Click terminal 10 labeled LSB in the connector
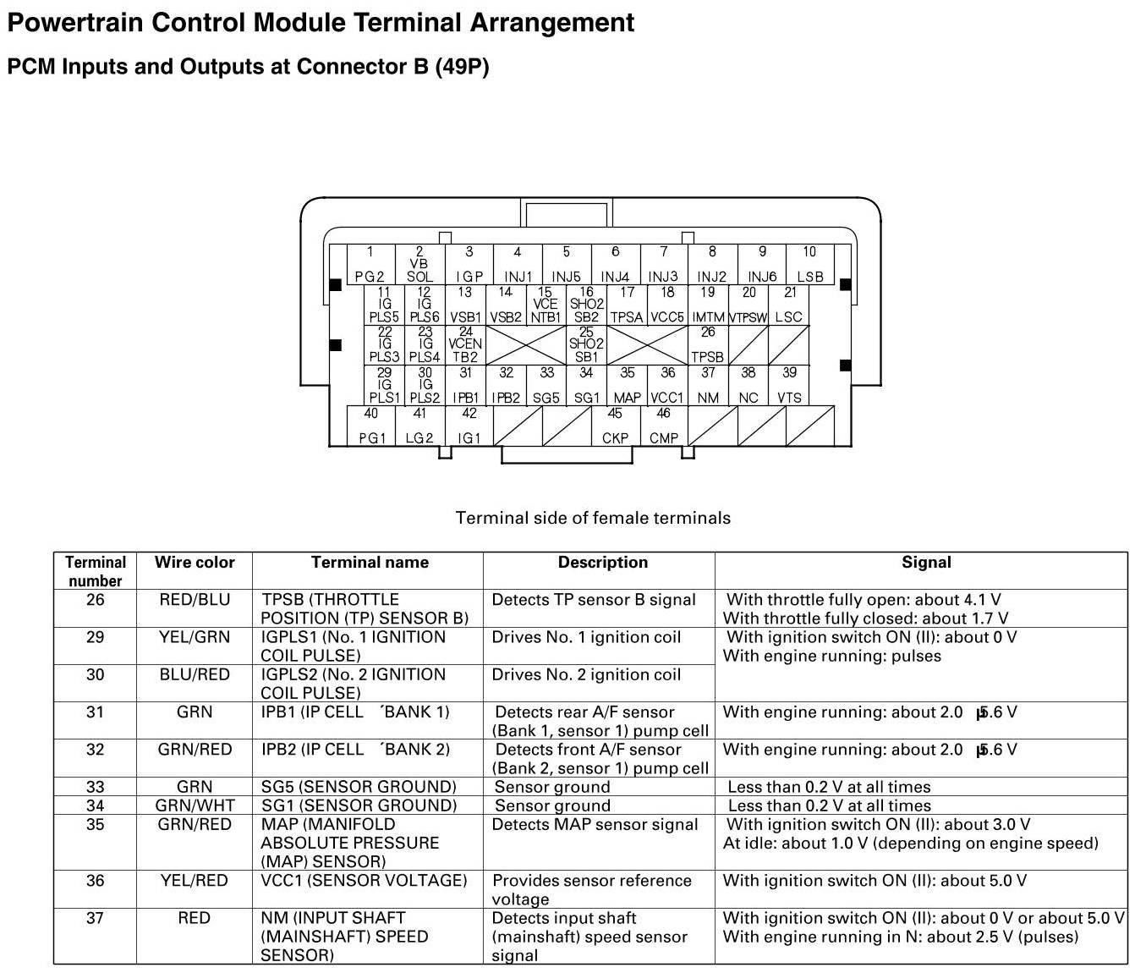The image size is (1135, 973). [809, 265]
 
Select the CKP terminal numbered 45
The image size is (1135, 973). [615, 426]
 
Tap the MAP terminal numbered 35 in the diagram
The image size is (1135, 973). [627, 386]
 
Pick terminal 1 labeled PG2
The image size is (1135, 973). [370, 265]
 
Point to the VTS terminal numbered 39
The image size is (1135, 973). [789, 386]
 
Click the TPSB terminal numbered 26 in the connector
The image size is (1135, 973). [708, 345]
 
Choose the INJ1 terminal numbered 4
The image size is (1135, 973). [518, 265]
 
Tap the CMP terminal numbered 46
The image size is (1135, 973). [664, 426]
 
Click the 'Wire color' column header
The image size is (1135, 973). [195, 563]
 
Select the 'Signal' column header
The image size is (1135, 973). [926, 563]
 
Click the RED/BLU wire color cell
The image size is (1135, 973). [195, 600]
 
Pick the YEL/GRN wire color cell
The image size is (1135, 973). [195, 637]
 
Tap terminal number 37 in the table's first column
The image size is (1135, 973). [96, 918]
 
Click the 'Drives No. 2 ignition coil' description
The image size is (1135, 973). [586, 674]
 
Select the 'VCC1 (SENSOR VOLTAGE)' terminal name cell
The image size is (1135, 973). [364, 881]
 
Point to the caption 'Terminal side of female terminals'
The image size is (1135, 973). [593, 518]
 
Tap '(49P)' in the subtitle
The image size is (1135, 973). [462, 67]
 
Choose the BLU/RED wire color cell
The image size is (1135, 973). [195, 674]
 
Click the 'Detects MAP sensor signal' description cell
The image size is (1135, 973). [595, 825]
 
